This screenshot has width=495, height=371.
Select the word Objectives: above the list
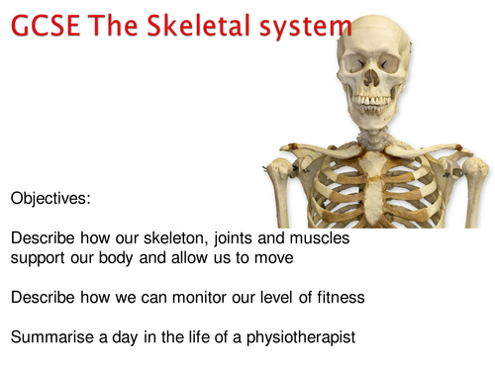50,198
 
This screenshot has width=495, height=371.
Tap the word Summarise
54,337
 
